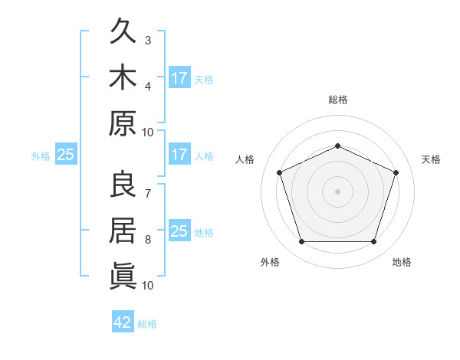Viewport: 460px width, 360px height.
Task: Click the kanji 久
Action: (123, 31)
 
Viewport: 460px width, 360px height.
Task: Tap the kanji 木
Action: (123, 77)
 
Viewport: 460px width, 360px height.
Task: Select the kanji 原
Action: (123, 123)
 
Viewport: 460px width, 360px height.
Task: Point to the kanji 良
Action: (123, 184)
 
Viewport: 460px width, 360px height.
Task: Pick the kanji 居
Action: (123, 231)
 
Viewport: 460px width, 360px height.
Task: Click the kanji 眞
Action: (123, 277)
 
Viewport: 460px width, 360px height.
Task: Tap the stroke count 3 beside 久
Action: (148, 41)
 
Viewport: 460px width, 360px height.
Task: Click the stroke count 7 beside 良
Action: (148, 194)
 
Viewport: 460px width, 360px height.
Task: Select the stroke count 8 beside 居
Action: (148, 240)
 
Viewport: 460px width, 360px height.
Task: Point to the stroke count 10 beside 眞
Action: (147, 286)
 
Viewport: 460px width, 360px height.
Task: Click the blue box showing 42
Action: (123, 321)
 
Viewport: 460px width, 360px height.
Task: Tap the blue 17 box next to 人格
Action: (179, 154)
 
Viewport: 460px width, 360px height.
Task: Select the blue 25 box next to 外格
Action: (66, 154)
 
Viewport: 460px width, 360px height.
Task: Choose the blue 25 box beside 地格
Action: (179, 230)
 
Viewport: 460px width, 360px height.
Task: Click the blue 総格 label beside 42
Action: (147, 324)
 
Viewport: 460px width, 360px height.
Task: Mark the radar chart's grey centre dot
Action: (337, 191)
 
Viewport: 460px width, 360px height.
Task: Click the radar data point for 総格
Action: (337, 146)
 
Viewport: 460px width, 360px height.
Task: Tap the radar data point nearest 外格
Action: (301, 241)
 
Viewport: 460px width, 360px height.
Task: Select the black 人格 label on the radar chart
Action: (245, 159)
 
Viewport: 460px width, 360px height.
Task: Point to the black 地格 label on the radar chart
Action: (402, 262)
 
